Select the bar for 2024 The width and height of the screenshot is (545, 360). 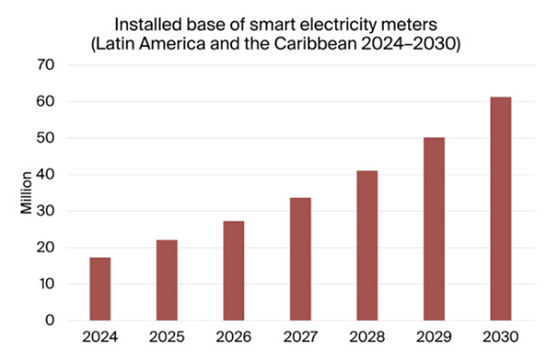click(100, 289)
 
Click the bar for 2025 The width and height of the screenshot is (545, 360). click(167, 280)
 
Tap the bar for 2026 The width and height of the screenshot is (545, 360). click(233, 271)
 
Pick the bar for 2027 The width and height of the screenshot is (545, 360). click(300, 259)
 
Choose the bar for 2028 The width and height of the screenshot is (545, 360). click(367, 245)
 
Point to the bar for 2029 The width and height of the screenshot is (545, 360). click(434, 229)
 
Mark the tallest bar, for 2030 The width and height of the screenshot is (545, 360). click(501, 208)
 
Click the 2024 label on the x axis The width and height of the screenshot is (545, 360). click(100, 337)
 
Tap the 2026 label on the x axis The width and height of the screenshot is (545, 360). click(233, 337)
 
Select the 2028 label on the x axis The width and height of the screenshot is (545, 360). click(367, 337)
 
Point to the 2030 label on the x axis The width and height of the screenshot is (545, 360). click(501, 337)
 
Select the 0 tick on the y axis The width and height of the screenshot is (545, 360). click(50, 320)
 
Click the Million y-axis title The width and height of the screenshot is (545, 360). click(26, 192)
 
